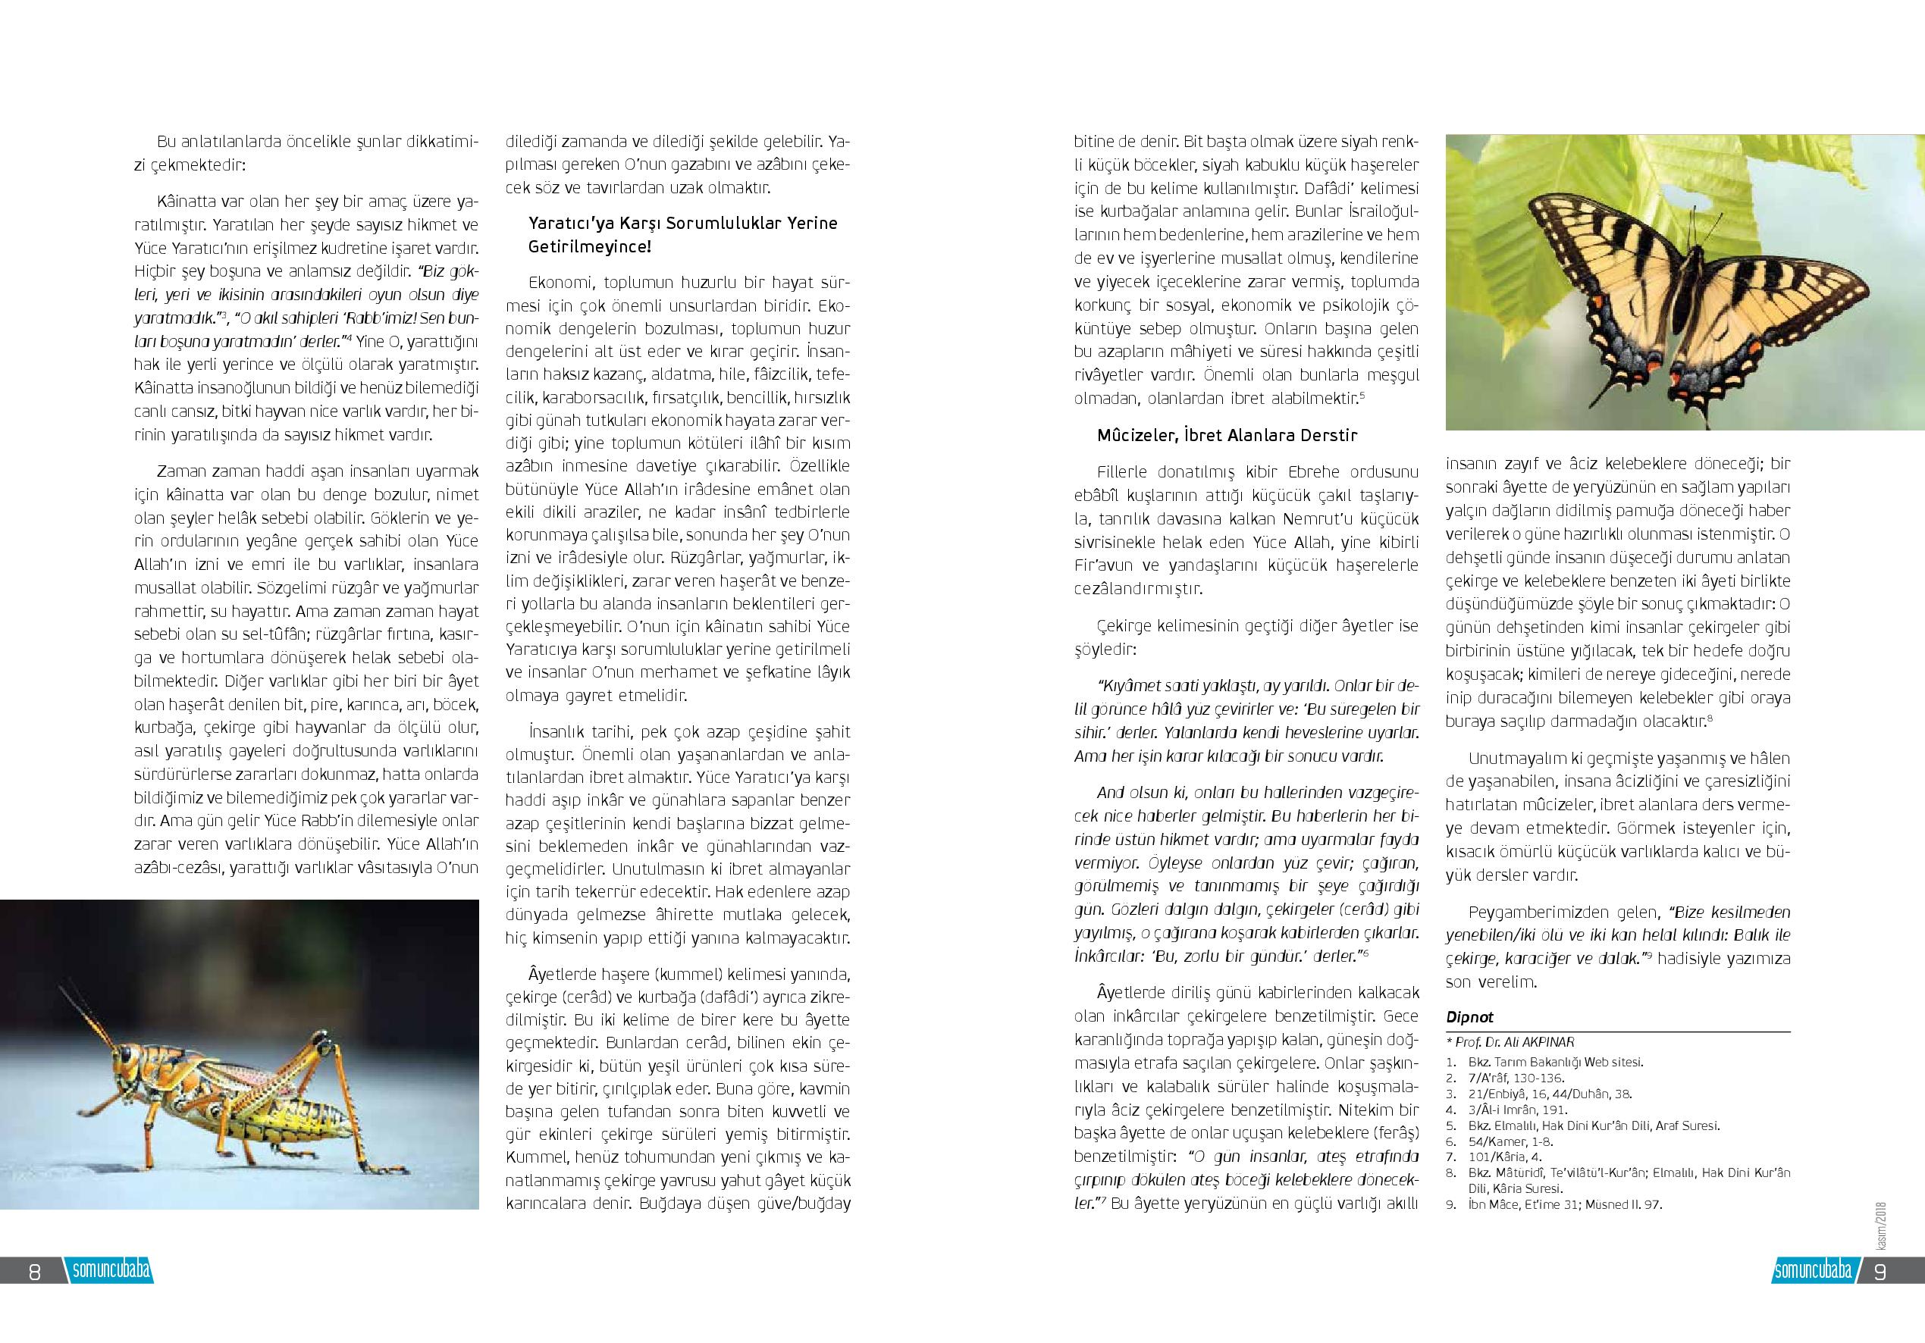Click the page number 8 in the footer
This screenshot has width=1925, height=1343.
[34, 1271]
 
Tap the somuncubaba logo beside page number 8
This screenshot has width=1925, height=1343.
[111, 1270]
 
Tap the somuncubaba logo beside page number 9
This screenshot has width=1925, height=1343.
[1813, 1270]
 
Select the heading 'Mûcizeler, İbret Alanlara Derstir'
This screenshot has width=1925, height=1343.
[1227, 435]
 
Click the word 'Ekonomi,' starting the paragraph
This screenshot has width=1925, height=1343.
[560, 283]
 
